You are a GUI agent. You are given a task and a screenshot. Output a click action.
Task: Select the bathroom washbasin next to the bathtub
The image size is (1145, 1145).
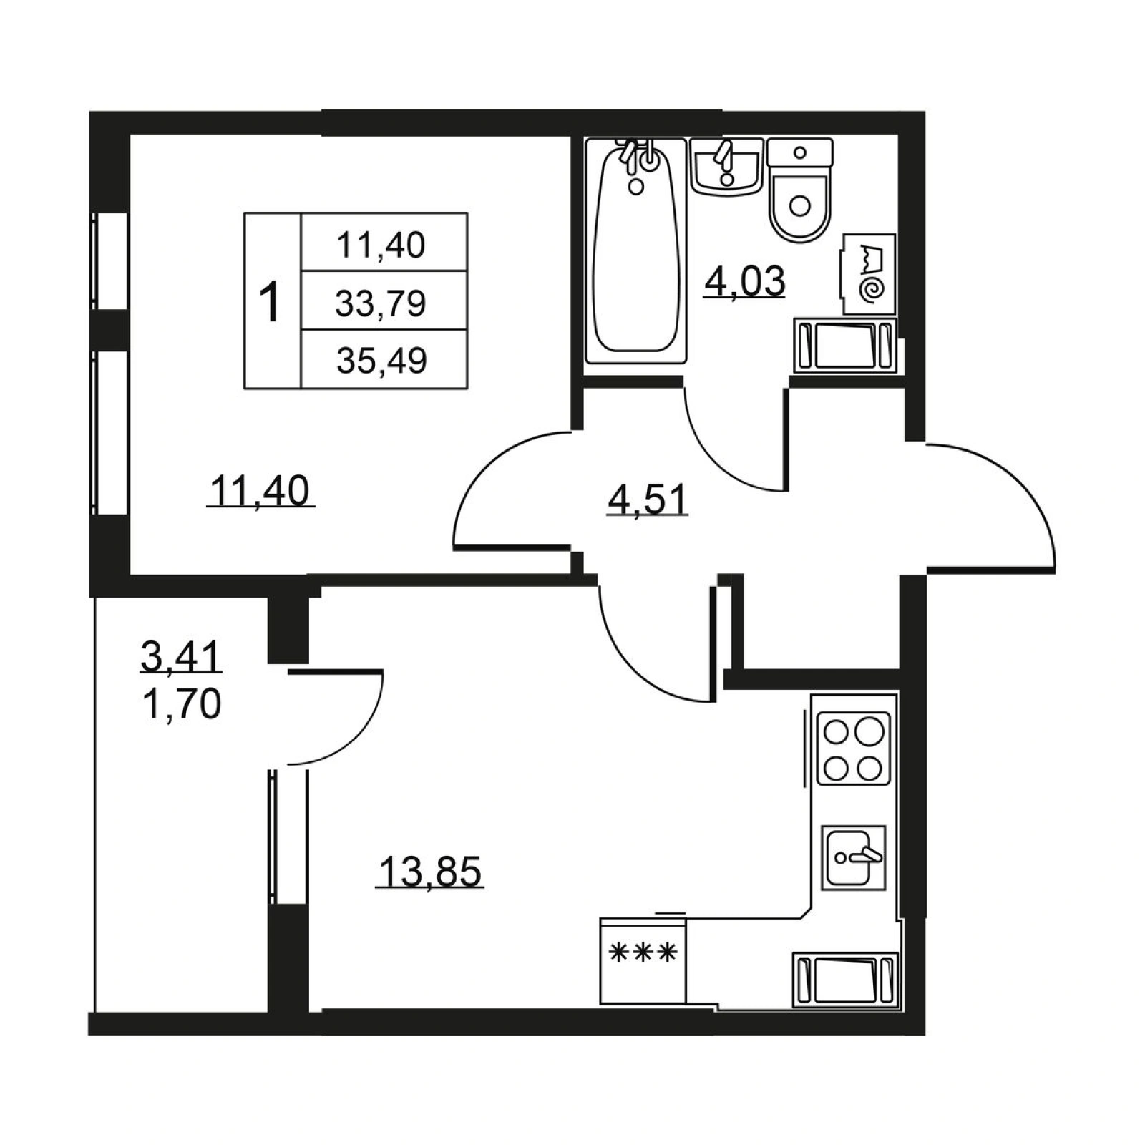tap(726, 166)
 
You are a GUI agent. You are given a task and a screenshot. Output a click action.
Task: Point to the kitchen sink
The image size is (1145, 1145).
tap(854, 857)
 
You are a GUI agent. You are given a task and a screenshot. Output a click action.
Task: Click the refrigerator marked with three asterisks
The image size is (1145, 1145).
tap(643, 961)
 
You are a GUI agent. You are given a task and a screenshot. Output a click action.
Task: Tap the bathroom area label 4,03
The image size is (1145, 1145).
tap(745, 281)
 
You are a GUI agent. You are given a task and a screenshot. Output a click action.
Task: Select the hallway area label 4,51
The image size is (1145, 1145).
tap(648, 499)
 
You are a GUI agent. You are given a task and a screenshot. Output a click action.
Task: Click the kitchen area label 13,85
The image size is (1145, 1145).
tap(430, 871)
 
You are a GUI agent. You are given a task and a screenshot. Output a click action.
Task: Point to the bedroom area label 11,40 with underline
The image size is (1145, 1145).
tap(260, 491)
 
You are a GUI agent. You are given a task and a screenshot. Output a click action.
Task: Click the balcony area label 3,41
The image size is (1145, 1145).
tap(181, 656)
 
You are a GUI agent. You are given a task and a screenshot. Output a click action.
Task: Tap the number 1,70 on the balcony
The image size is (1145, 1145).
tap(182, 705)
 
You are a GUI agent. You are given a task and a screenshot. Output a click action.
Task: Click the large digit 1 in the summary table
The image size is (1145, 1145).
tap(270, 302)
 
